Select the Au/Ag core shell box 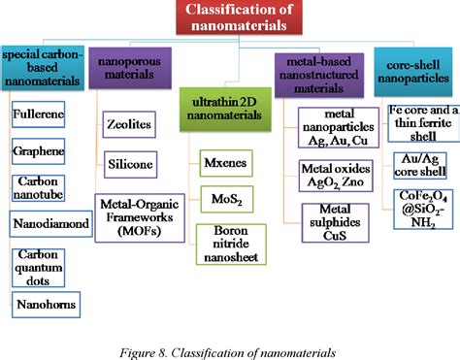415,165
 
